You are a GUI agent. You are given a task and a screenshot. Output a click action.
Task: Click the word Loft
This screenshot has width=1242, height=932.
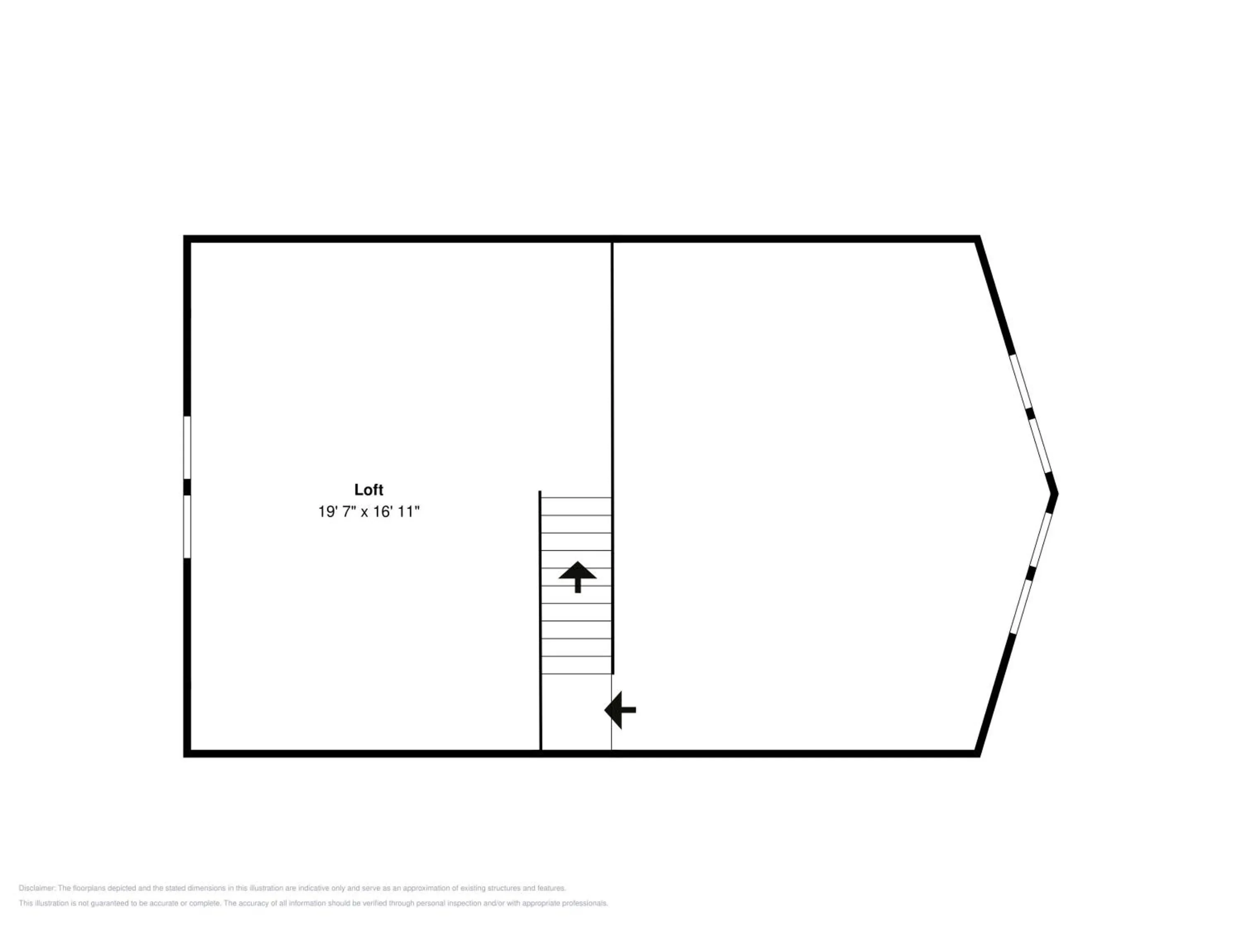(368, 490)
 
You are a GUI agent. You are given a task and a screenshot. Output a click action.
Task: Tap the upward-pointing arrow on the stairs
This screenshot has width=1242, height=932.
(577, 577)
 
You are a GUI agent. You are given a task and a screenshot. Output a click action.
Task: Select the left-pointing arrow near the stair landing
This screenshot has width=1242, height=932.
(620, 710)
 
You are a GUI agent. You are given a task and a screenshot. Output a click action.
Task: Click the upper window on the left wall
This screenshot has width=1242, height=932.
(187, 447)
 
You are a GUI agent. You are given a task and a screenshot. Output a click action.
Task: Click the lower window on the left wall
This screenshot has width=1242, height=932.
(187, 526)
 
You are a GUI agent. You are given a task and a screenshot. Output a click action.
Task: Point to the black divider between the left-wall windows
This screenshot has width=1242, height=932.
(187, 487)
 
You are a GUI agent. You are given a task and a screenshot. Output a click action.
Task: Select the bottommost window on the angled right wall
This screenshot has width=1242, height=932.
(1021, 607)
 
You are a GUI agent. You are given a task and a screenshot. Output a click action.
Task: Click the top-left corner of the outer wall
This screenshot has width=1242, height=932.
(184, 236)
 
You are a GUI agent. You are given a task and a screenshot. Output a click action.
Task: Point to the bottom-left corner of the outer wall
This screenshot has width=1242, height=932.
(184, 756)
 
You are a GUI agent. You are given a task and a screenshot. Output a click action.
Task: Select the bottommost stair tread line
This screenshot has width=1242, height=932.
(576, 674)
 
